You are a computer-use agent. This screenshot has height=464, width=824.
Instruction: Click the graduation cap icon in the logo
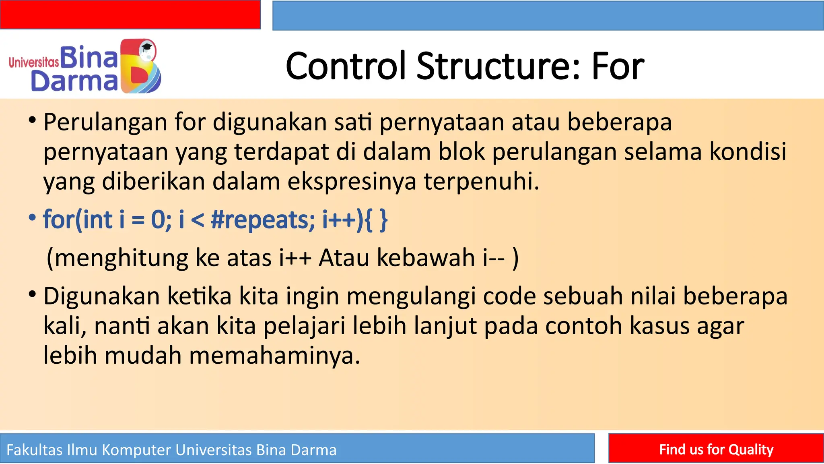coord(147,47)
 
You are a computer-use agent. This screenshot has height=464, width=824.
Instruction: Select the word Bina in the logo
coord(89,58)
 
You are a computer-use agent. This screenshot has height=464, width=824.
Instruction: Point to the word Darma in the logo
coord(74,81)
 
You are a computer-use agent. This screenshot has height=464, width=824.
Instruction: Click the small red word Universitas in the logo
coord(34,62)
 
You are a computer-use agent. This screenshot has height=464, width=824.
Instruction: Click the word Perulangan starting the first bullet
coord(105,122)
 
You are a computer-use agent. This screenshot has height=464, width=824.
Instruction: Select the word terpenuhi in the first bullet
coord(480,182)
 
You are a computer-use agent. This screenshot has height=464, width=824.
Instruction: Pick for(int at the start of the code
coord(78,220)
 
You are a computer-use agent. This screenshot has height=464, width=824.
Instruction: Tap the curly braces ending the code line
coord(376,220)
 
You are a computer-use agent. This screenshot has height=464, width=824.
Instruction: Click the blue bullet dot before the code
coord(32,218)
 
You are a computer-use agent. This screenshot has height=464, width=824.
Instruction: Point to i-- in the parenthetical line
coord(493,258)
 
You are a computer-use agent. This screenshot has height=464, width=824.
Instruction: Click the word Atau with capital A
coord(344,258)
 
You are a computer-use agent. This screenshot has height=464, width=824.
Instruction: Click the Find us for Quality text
coord(716,449)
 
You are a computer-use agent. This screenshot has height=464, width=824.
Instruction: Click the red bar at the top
coord(130,14)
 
